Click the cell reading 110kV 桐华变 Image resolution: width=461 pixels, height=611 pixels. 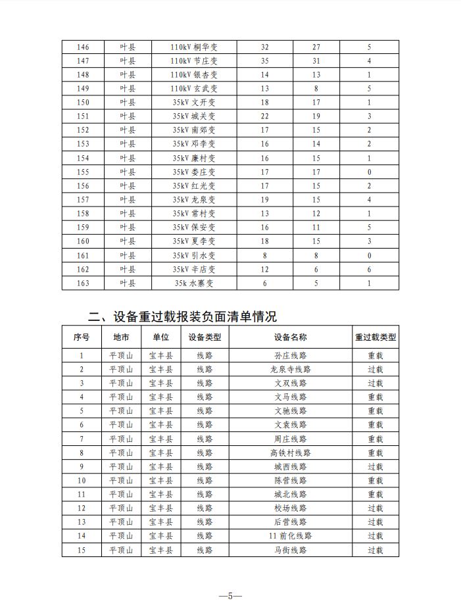coord(193,47)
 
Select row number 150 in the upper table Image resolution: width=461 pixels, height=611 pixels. coord(83,103)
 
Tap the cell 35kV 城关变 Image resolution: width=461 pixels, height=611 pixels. coord(193,116)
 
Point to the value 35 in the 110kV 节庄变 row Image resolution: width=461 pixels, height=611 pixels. coord(264,61)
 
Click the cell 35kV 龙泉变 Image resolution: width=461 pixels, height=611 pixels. coord(193,200)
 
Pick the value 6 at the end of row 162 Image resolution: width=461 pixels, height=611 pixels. coord(369,270)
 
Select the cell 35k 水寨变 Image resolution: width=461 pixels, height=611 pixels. coord(193,283)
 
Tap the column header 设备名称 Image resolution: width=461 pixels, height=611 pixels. coord(291,337)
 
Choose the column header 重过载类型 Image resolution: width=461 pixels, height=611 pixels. coord(376,337)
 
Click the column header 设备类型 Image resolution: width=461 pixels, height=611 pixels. coord(205,337)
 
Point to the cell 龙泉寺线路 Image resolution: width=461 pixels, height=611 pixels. coord(291,370)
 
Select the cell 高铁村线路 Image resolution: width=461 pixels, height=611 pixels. coord(291,453)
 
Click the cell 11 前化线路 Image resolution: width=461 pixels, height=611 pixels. coord(291,536)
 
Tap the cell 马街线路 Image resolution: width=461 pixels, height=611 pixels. coord(291,550)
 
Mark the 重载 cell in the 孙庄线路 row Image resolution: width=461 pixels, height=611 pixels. coord(376,356)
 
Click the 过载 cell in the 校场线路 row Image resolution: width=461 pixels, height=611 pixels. coord(376,508)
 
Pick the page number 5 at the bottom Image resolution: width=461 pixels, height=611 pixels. coord(230,596)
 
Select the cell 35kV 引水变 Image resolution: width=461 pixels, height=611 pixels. coord(193,256)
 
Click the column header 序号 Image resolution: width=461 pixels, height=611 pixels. coord(82,337)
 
